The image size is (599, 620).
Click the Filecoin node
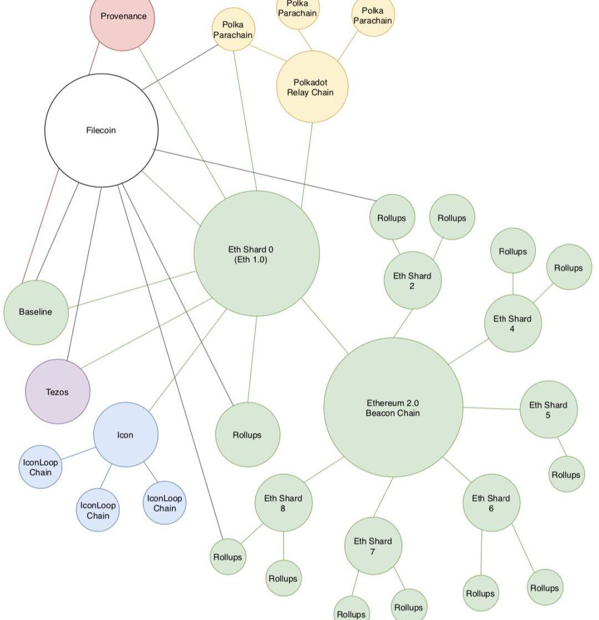coord(101,130)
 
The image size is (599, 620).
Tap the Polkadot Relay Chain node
coord(311,87)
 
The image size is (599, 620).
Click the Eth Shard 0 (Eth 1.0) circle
coord(256,254)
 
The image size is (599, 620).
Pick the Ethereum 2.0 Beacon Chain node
coord(393,407)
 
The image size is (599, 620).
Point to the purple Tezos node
coord(58,392)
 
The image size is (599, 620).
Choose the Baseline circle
coord(36,312)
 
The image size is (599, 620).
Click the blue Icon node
coord(125,435)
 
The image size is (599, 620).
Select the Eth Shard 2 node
coord(412,280)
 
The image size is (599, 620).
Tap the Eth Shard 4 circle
coord(512,323)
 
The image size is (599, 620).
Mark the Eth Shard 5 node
coord(548,409)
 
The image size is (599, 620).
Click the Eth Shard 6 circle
coord(491,502)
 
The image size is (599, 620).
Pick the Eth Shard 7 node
coord(373,546)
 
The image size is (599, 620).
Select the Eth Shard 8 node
coord(283,502)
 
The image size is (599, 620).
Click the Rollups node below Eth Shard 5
coord(566,475)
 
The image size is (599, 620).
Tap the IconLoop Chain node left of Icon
coord(40,467)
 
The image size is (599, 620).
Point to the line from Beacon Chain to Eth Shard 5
coord(491,409)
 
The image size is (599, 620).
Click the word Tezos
coord(57,392)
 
